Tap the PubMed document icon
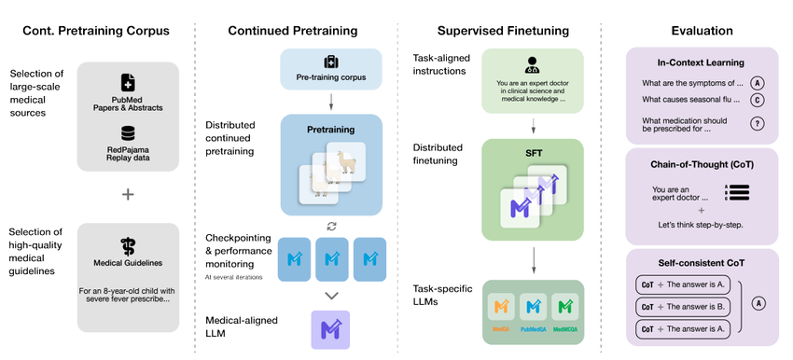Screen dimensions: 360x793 (128, 83)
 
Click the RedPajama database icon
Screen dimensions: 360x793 (128, 134)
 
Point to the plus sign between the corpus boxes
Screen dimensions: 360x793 (128, 194)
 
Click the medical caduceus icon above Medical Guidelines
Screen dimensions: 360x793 (128, 246)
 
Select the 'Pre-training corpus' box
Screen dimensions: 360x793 (331, 70)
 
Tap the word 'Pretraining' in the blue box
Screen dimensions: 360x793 (331, 132)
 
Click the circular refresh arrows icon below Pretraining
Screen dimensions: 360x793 (331, 227)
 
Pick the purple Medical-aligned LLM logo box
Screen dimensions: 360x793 (330, 329)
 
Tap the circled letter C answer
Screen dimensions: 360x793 (758, 99)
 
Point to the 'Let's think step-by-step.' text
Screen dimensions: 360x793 (689, 225)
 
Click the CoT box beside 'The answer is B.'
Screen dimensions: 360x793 (647, 307)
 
